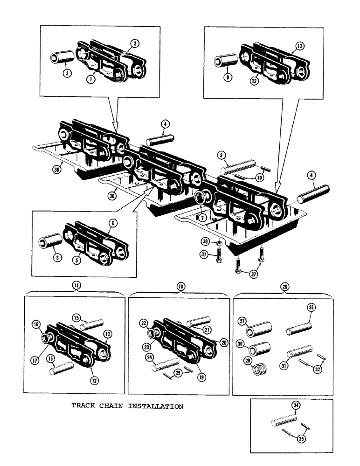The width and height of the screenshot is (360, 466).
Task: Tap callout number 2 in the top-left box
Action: [x=135, y=44]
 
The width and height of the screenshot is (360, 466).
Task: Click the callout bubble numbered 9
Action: [x=221, y=154]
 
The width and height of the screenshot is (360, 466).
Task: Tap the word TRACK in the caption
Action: [x=82, y=406]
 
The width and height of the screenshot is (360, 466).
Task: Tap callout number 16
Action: [x=35, y=324]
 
